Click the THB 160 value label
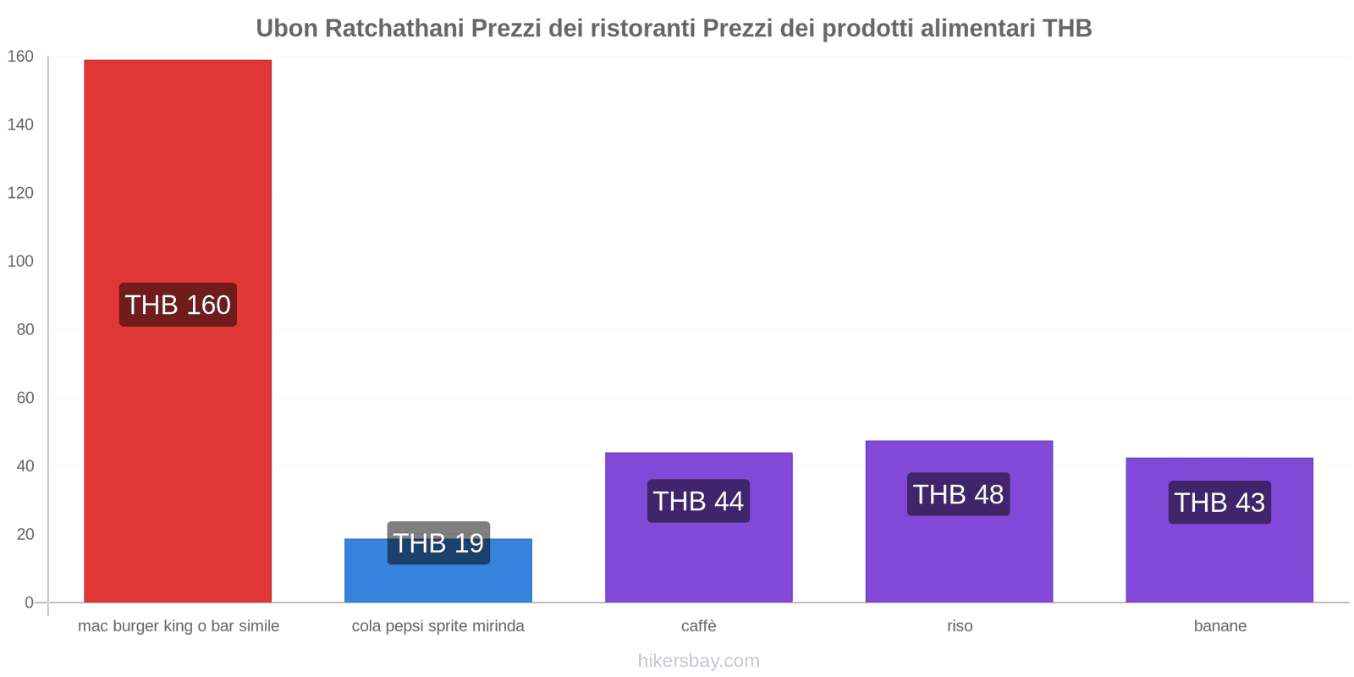coord(178,305)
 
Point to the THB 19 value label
coord(438,542)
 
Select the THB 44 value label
coord(698,501)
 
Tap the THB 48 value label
coord(959,494)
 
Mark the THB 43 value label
coord(1219,503)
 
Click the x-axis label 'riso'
coord(960,626)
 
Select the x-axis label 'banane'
coord(1219,626)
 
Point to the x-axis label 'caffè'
coord(699,626)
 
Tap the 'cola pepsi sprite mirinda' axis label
coord(438,626)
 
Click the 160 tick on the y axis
coord(20,57)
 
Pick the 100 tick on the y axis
coord(20,261)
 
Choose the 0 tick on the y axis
coord(29,603)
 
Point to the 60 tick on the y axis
coord(25,398)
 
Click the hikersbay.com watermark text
coord(699,661)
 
